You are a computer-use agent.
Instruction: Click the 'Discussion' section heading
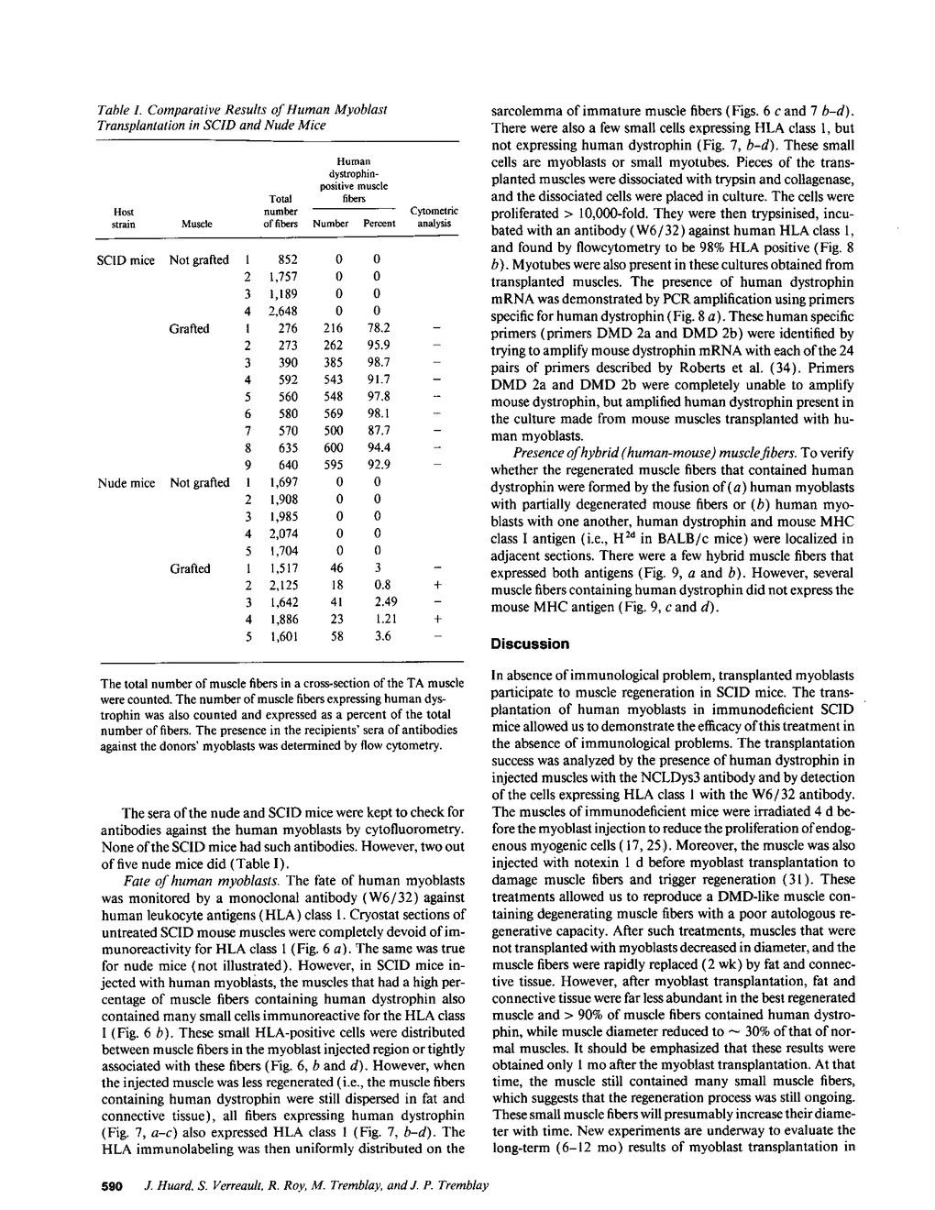530,644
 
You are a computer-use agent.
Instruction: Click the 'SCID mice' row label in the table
126,259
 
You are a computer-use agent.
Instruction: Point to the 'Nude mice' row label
126,482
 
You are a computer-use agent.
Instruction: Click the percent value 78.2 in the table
378,328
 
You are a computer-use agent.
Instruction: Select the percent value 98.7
378,362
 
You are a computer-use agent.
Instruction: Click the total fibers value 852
287,259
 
